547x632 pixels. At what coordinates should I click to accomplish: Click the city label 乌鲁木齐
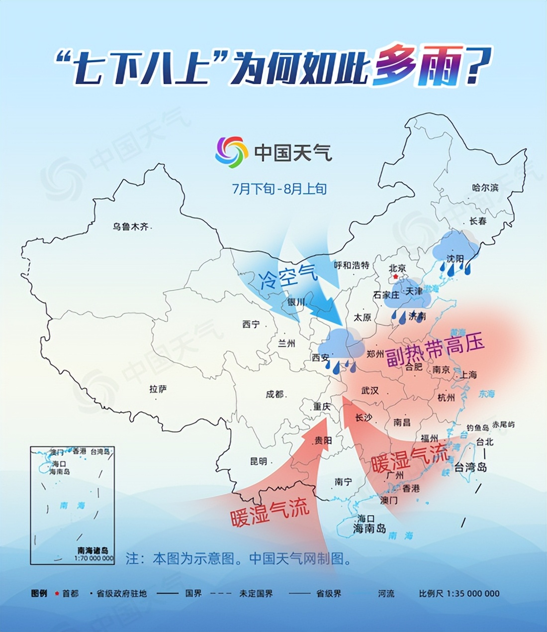click(130, 227)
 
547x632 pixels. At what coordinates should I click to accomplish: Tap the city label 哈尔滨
click(485, 188)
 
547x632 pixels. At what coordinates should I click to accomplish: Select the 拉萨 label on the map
click(158, 389)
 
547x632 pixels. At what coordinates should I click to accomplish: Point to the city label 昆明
click(259, 461)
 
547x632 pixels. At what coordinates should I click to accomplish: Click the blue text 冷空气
click(288, 277)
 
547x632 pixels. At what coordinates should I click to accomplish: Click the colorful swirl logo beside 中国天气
click(232, 152)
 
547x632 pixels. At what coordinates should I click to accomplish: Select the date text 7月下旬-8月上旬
click(279, 189)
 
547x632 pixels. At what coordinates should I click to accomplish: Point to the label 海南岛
click(369, 528)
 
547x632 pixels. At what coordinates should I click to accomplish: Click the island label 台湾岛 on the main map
click(470, 467)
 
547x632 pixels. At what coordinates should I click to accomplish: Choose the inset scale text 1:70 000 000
click(94, 558)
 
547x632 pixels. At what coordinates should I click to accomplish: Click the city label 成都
click(274, 394)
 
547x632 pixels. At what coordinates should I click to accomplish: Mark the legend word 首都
click(70, 594)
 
